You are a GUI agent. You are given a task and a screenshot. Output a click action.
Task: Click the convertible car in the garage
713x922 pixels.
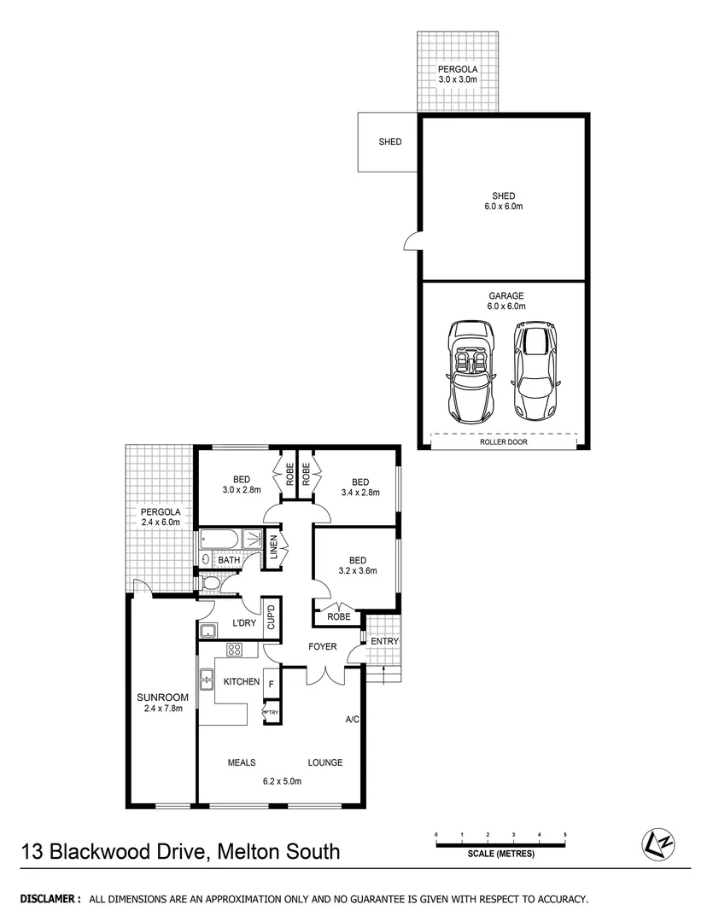[x=470, y=369]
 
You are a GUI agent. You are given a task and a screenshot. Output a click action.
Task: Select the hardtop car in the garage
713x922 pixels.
[x=534, y=369]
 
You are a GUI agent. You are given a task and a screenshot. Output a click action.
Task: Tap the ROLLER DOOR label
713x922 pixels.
[x=503, y=442]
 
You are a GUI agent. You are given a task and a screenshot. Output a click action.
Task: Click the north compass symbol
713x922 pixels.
[x=655, y=844]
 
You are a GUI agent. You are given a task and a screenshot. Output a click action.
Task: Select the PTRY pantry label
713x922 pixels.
[x=272, y=712]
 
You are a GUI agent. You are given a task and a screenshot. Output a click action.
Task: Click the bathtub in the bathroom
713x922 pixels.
[x=220, y=540]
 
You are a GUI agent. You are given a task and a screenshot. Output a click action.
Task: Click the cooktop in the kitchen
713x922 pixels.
[x=237, y=651]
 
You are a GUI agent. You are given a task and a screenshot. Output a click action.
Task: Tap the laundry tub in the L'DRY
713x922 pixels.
[x=207, y=632]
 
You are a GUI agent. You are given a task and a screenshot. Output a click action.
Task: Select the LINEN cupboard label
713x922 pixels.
[x=274, y=547]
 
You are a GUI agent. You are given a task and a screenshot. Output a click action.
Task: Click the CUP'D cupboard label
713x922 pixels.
[x=271, y=616]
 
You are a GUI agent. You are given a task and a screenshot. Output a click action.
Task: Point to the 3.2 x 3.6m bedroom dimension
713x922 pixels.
[x=357, y=571]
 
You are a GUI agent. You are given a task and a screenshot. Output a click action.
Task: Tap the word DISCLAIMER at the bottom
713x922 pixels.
[x=50, y=899]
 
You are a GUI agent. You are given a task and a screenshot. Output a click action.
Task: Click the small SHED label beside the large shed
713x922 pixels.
[x=389, y=143]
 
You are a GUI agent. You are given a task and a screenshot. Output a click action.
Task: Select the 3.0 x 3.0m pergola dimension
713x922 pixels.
[x=458, y=79]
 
